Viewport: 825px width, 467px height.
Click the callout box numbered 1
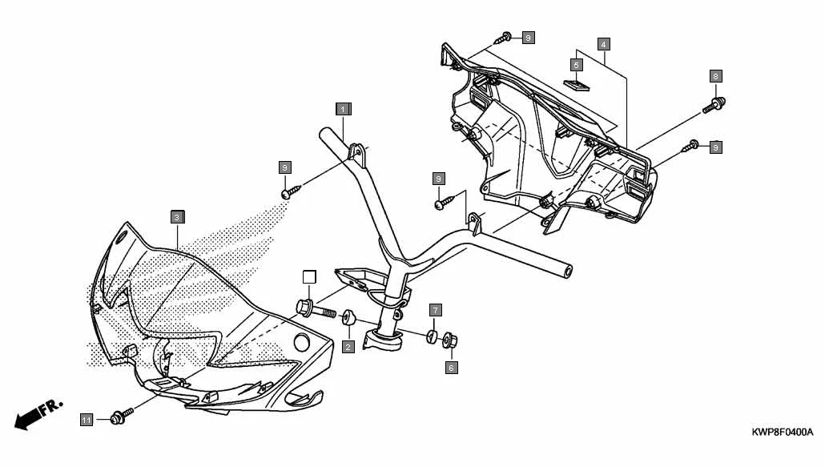coord(342,108)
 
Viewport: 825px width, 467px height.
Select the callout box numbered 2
coord(348,346)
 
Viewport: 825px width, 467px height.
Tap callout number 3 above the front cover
coord(177,216)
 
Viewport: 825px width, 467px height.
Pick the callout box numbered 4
coord(603,42)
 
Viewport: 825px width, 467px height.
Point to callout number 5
coord(577,64)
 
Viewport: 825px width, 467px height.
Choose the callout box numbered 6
coord(451,368)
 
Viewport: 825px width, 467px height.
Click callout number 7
coord(435,309)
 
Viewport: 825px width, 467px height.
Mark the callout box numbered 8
coord(715,76)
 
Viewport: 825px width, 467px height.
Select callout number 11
coord(87,419)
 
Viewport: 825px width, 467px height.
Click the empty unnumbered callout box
coord(309,277)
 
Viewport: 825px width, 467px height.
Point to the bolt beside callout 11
coord(120,416)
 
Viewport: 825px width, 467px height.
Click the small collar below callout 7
coord(431,335)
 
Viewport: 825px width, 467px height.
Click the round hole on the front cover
coord(303,342)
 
